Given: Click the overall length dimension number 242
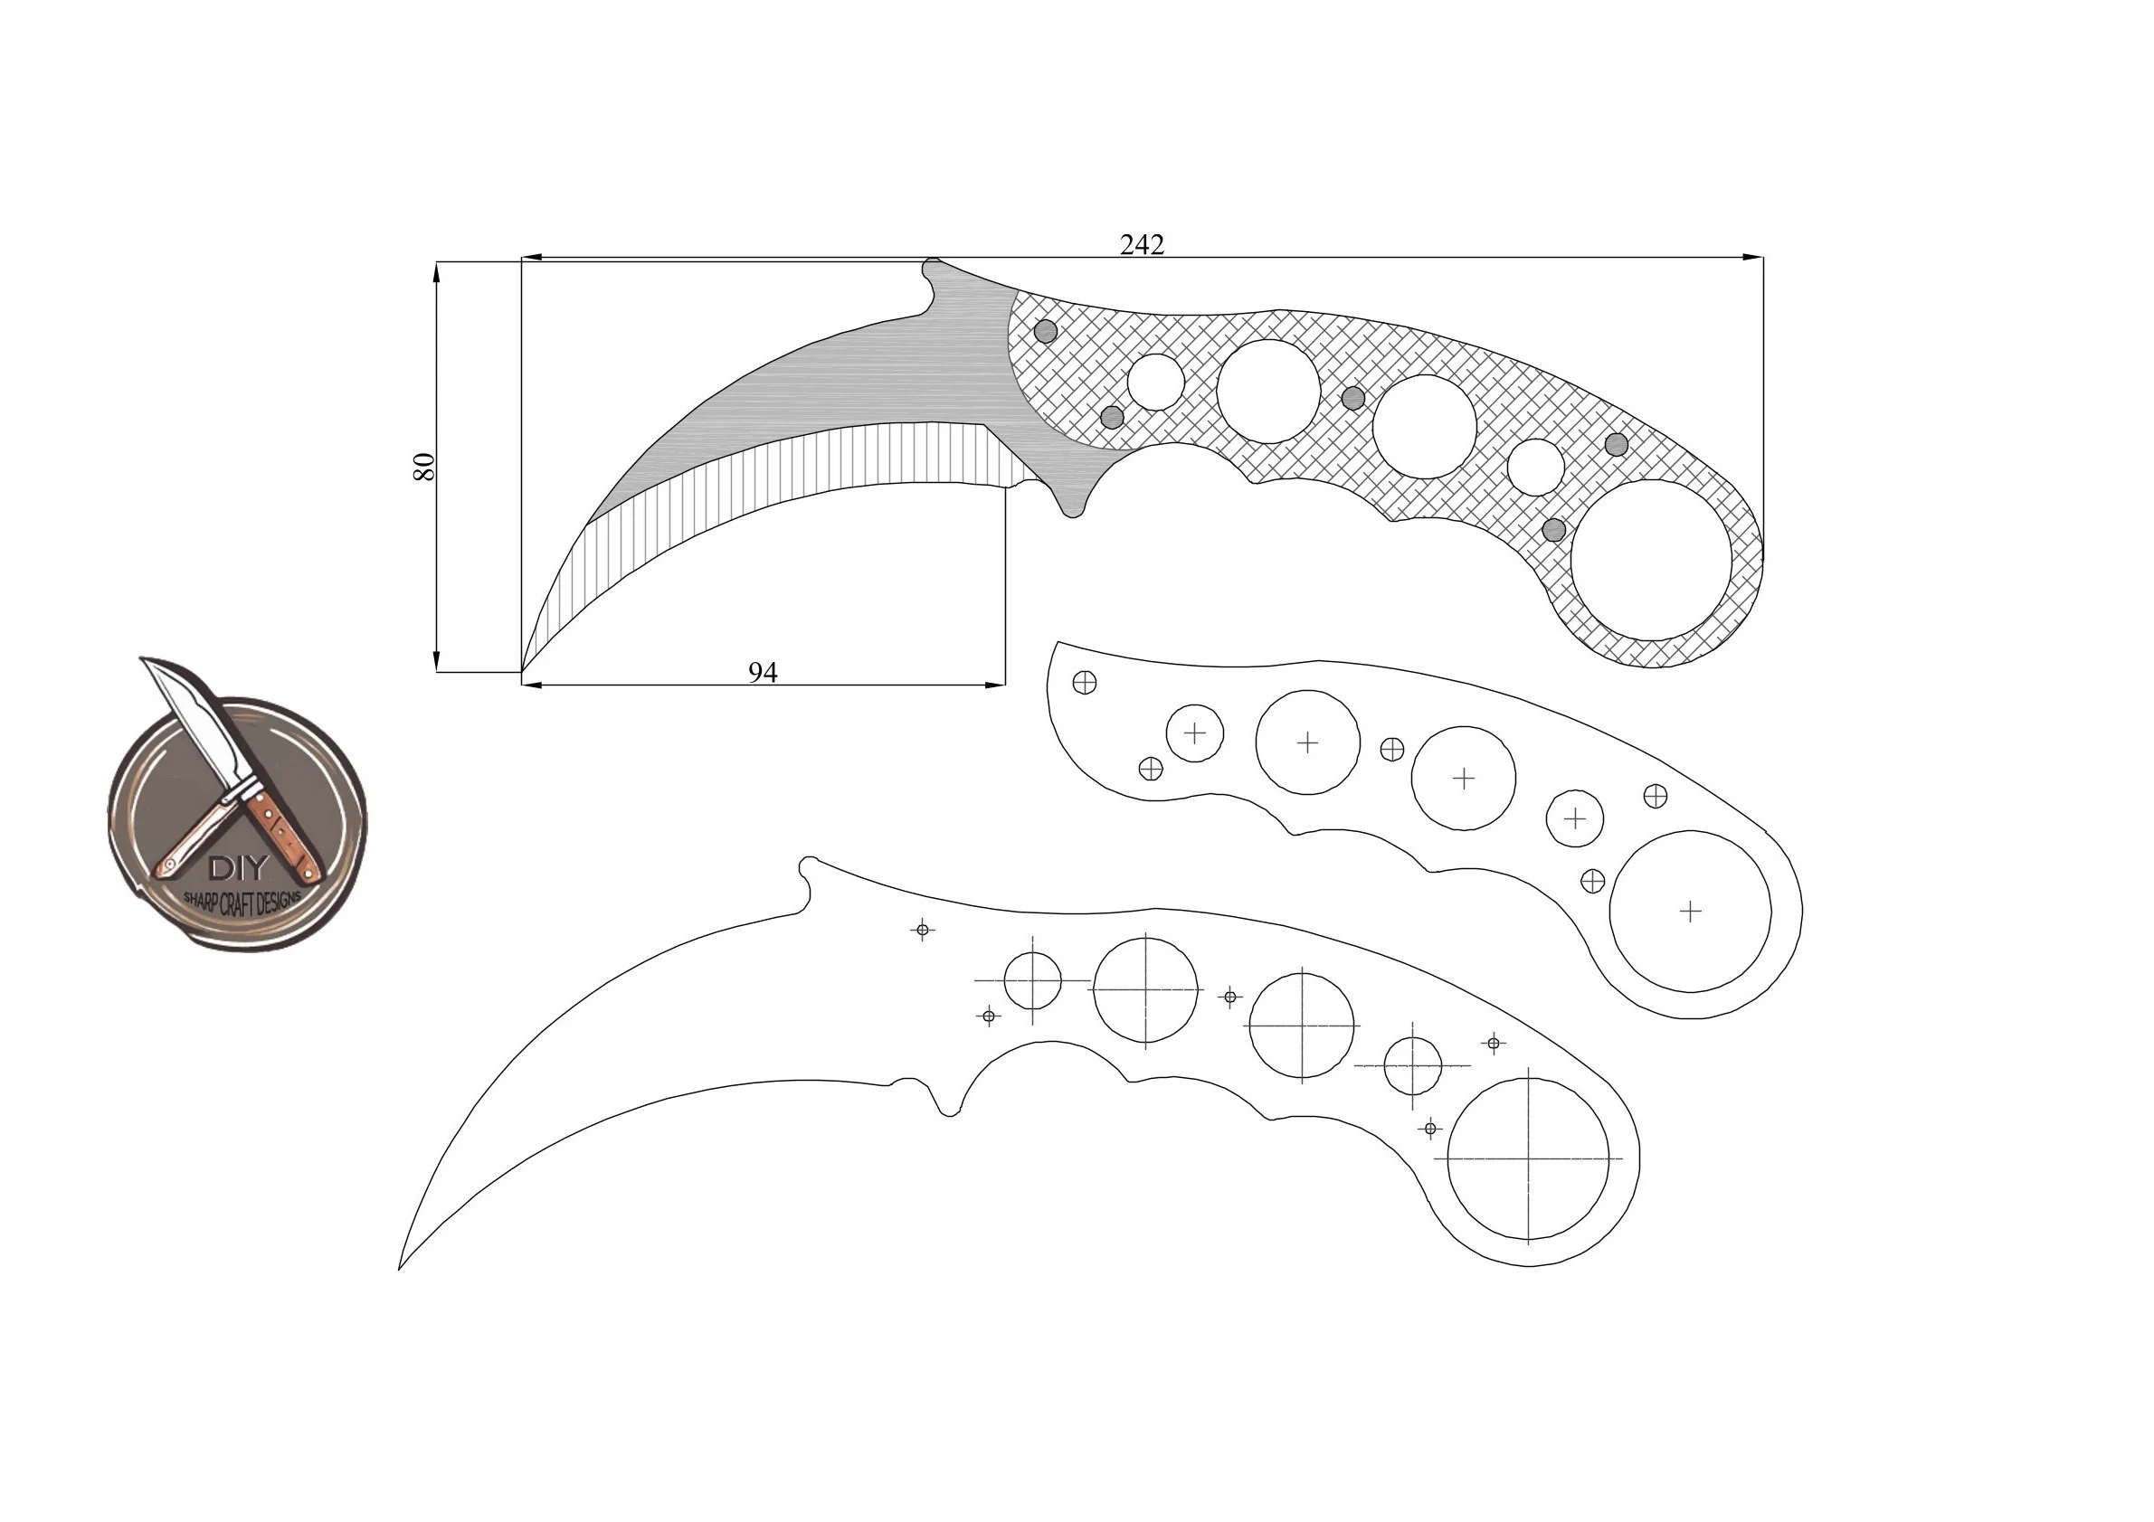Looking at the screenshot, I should [1142, 245].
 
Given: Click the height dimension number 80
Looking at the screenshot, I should [425, 466].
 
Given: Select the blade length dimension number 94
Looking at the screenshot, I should [763, 673].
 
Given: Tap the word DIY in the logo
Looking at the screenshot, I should [237, 868].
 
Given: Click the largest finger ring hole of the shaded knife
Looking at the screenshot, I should [1651, 560].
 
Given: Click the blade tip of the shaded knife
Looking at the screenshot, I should [523, 669].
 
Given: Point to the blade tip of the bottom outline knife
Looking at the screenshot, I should [401, 1267].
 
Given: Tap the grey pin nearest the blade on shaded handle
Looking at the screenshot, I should [1045, 330].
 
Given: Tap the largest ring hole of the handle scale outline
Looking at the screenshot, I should [1690, 911].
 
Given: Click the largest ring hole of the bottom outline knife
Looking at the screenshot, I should [1528, 1159].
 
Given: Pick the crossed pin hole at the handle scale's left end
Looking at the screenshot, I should [1085, 682].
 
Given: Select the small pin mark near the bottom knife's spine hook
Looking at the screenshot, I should [922, 930].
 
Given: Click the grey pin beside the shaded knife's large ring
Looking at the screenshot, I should [1554, 530].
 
